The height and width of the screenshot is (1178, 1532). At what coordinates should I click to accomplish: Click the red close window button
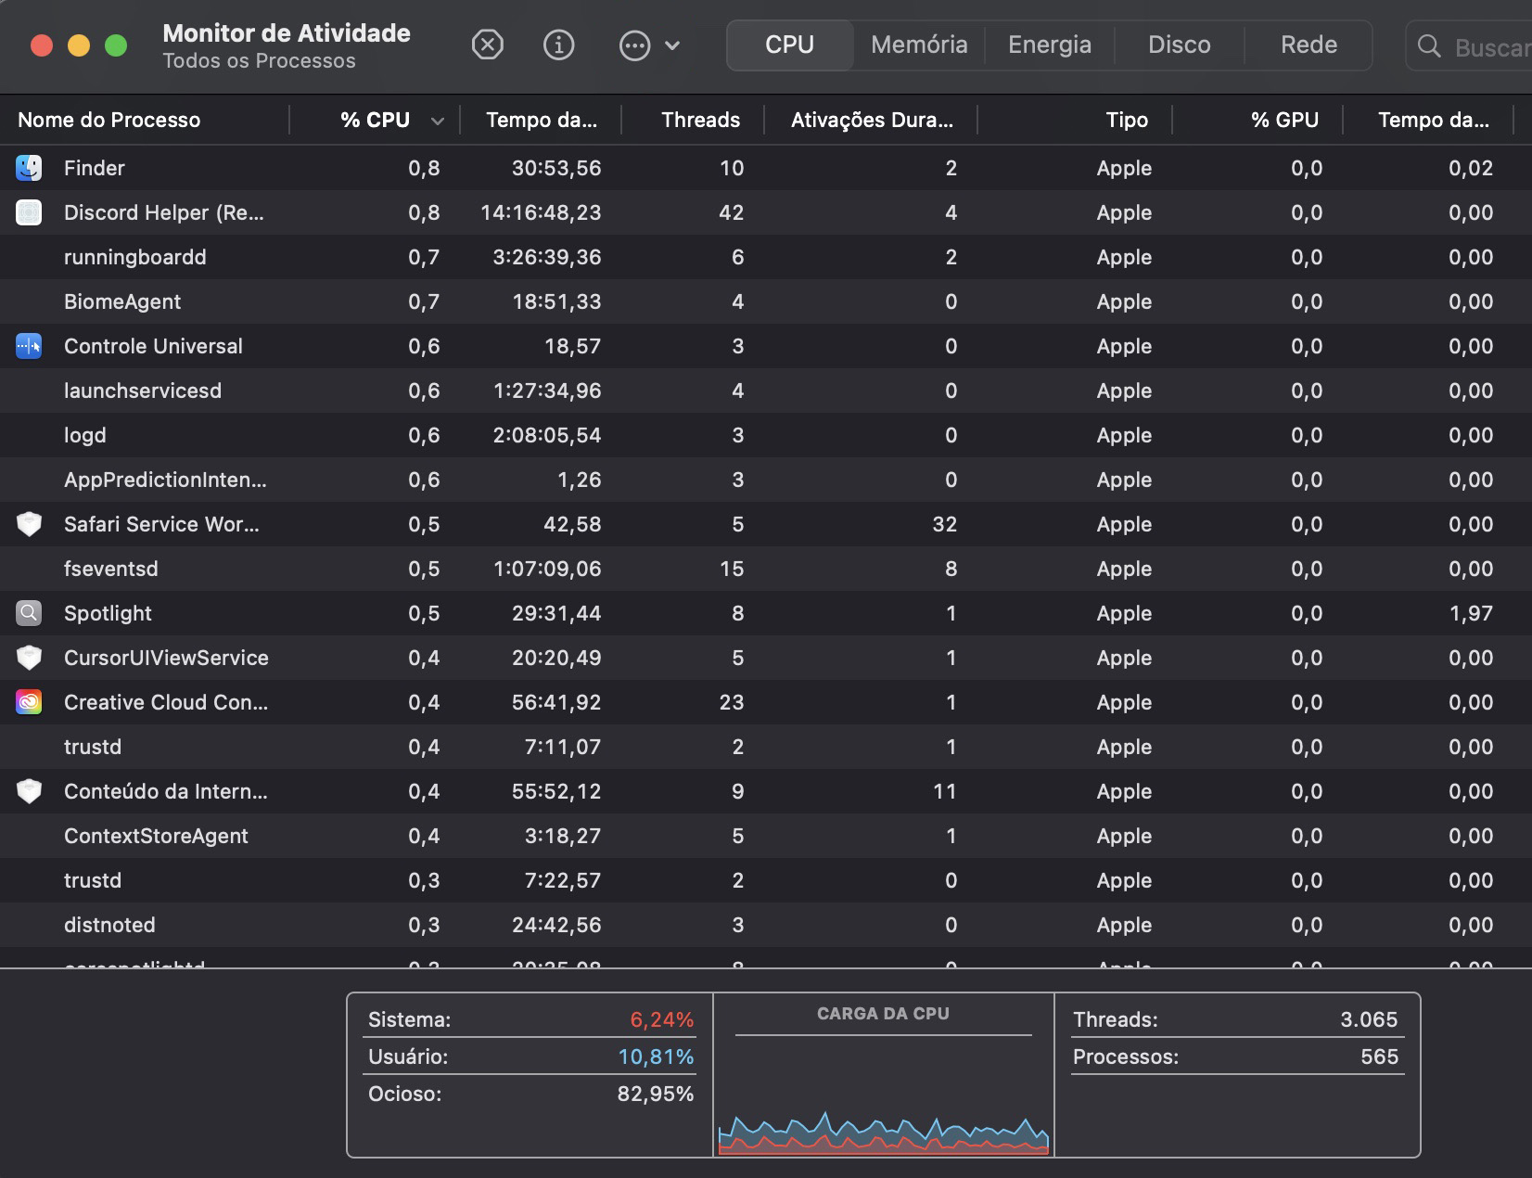pos(42,45)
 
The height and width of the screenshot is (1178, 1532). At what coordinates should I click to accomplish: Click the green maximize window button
pos(116,45)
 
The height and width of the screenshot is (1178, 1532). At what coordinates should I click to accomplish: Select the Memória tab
pos(919,45)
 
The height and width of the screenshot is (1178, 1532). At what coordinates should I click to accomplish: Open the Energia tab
pos(1049,45)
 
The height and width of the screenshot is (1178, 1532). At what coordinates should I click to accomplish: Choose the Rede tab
pos(1308,45)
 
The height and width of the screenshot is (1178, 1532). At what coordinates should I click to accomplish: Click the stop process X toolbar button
pos(487,45)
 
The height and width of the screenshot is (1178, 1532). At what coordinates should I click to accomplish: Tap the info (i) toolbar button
pos(558,45)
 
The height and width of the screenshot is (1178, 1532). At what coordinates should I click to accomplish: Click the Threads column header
pos(700,120)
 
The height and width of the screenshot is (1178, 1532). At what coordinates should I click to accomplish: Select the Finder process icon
pos(29,168)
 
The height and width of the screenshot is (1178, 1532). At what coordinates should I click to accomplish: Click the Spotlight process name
pos(108,613)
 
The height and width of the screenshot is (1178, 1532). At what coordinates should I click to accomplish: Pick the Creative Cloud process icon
pos(29,702)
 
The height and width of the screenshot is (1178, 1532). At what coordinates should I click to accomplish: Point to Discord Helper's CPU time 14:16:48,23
pos(541,212)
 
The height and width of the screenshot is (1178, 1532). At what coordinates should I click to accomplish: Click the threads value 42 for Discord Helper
pos(731,212)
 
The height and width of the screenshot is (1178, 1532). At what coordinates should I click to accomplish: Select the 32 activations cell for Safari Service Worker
pos(944,524)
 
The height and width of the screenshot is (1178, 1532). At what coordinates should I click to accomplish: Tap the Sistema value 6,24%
pos(661,1019)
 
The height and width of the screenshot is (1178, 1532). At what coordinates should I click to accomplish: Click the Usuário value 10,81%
pos(655,1056)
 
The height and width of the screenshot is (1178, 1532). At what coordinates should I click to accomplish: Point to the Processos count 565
pos(1378,1056)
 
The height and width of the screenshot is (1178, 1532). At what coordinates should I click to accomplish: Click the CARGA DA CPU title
pos(883,1014)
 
